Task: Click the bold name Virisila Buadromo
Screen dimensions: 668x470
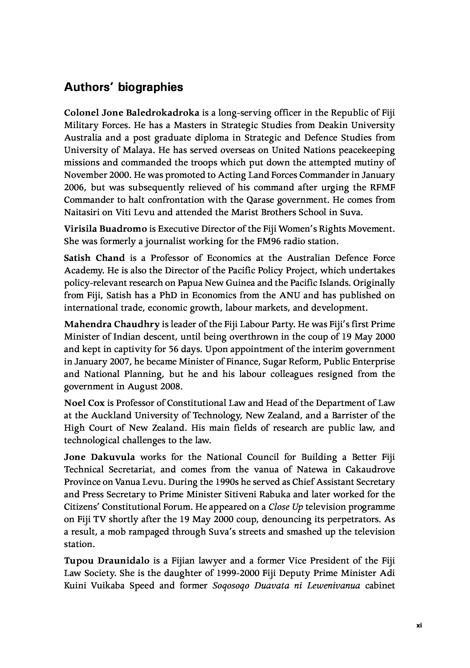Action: click(105, 229)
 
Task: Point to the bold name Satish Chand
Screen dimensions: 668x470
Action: click(94, 258)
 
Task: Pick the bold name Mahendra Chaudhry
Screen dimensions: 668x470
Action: click(112, 324)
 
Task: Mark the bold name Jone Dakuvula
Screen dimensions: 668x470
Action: click(99, 457)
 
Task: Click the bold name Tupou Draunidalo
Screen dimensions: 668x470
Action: click(107, 561)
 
